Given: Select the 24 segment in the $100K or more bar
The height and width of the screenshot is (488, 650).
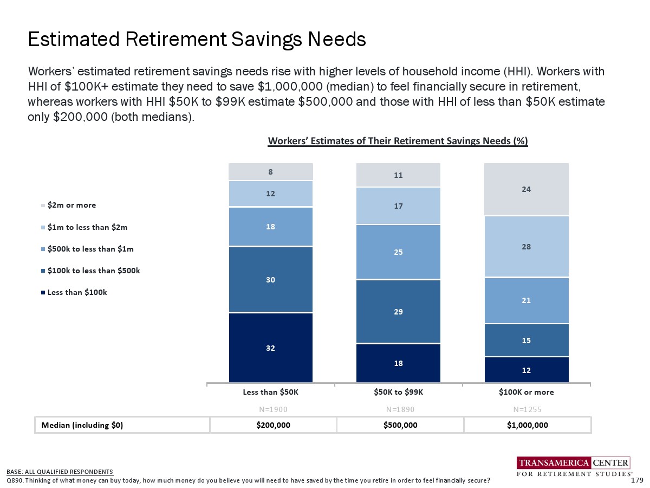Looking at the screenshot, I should coord(526,189).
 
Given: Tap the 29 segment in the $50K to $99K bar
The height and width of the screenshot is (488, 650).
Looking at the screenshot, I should coord(398,312).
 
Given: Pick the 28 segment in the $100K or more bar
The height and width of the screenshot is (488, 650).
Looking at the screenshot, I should coord(526,247).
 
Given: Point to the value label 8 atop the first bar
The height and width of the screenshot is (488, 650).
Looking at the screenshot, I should coord(271,172).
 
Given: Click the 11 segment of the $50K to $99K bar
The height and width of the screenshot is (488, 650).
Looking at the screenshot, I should coord(398,176).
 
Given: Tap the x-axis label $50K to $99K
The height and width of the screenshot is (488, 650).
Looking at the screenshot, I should coord(398,392).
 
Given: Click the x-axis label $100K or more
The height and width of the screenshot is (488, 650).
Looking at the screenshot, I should coord(526,392).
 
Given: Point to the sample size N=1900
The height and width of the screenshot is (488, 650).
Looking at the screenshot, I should coord(271,408).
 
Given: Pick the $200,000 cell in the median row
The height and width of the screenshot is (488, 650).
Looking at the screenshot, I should coord(273,425).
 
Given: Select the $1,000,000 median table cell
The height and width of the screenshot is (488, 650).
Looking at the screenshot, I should coord(527,425).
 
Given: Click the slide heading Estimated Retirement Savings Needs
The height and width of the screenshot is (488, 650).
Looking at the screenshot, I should coord(197,40).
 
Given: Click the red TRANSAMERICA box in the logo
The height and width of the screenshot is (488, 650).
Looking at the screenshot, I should coord(554,463).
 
